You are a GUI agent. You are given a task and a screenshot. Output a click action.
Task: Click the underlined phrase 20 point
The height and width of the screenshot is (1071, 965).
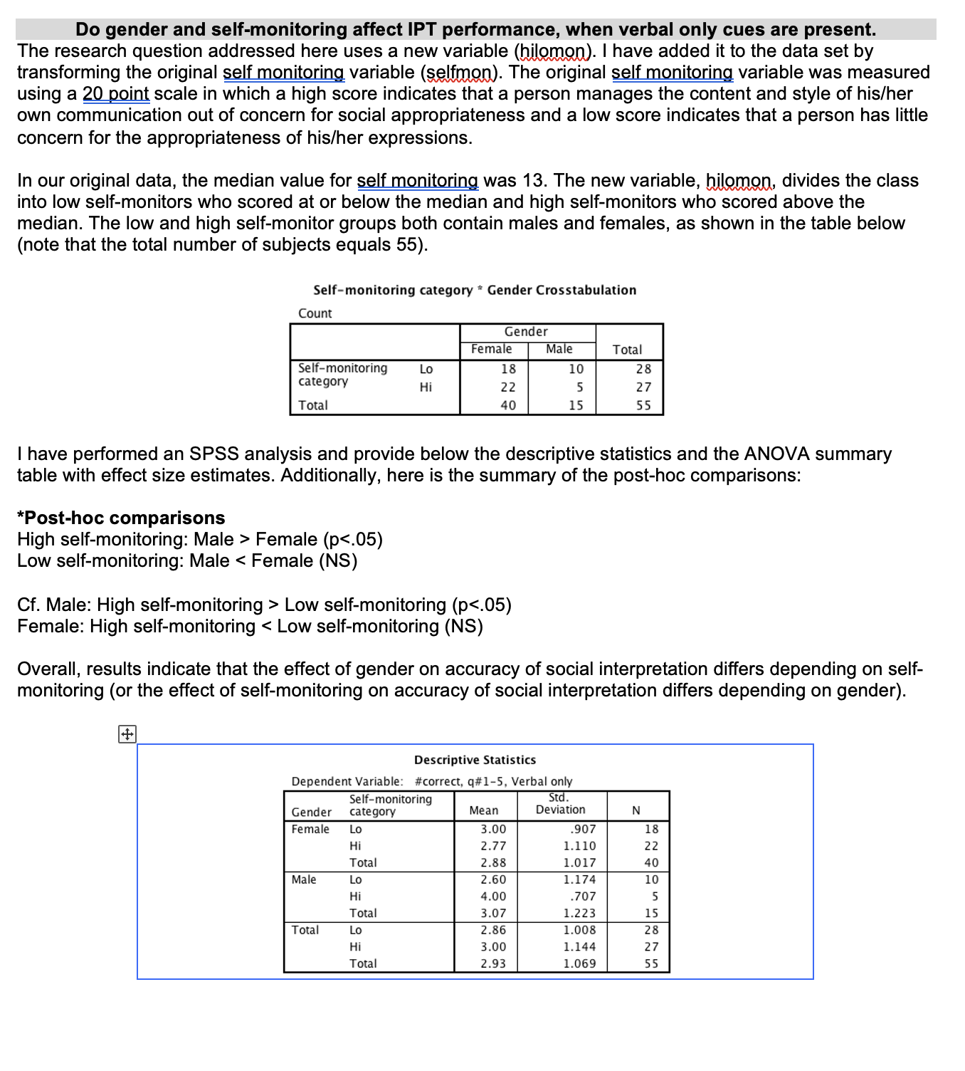(x=115, y=94)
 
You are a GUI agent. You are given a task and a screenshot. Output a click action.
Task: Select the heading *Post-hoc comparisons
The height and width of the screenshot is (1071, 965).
(x=121, y=518)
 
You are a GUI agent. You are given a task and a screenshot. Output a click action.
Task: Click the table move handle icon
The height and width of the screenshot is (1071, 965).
(x=127, y=734)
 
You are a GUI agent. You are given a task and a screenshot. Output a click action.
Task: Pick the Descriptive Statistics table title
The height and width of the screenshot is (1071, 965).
(x=475, y=760)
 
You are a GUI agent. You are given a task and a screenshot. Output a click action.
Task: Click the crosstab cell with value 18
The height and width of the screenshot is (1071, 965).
(x=508, y=369)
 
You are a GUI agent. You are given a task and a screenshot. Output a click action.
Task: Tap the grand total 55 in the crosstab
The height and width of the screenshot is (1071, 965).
(x=643, y=405)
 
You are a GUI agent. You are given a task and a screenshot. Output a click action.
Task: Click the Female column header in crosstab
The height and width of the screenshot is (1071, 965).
(x=491, y=349)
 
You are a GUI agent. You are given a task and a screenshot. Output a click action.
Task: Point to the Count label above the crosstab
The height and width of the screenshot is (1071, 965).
(x=315, y=313)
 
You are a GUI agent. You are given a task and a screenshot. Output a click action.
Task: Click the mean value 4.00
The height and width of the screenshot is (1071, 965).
(x=493, y=897)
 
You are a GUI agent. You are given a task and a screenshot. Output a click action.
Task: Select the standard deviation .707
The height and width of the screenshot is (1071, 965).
(x=583, y=897)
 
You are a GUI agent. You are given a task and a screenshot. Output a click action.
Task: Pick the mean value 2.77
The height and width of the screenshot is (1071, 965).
(x=493, y=846)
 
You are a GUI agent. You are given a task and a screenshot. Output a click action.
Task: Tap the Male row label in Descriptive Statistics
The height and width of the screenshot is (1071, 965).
(x=304, y=879)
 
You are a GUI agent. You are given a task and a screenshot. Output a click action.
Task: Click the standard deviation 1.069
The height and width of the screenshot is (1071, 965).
(x=579, y=963)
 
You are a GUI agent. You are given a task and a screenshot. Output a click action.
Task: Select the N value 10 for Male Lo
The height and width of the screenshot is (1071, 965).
(x=651, y=879)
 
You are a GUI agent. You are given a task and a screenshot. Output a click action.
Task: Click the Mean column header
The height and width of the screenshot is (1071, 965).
(x=484, y=810)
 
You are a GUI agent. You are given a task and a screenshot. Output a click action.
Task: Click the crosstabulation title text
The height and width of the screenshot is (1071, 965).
(x=475, y=290)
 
